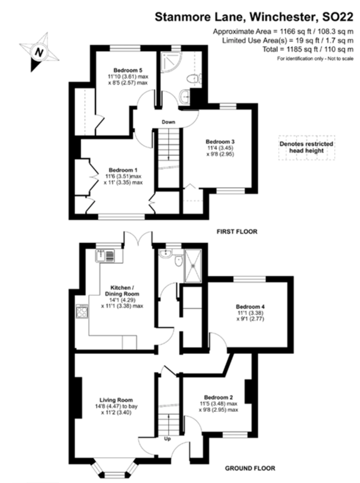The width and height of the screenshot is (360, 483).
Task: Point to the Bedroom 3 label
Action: coord(220,141)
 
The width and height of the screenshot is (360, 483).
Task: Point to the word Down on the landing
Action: coord(168,122)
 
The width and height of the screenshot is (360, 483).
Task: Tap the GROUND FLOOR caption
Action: coord(250,469)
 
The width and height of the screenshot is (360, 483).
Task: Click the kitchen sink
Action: coord(106,255)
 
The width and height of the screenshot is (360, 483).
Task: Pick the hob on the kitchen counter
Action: coord(82,311)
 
